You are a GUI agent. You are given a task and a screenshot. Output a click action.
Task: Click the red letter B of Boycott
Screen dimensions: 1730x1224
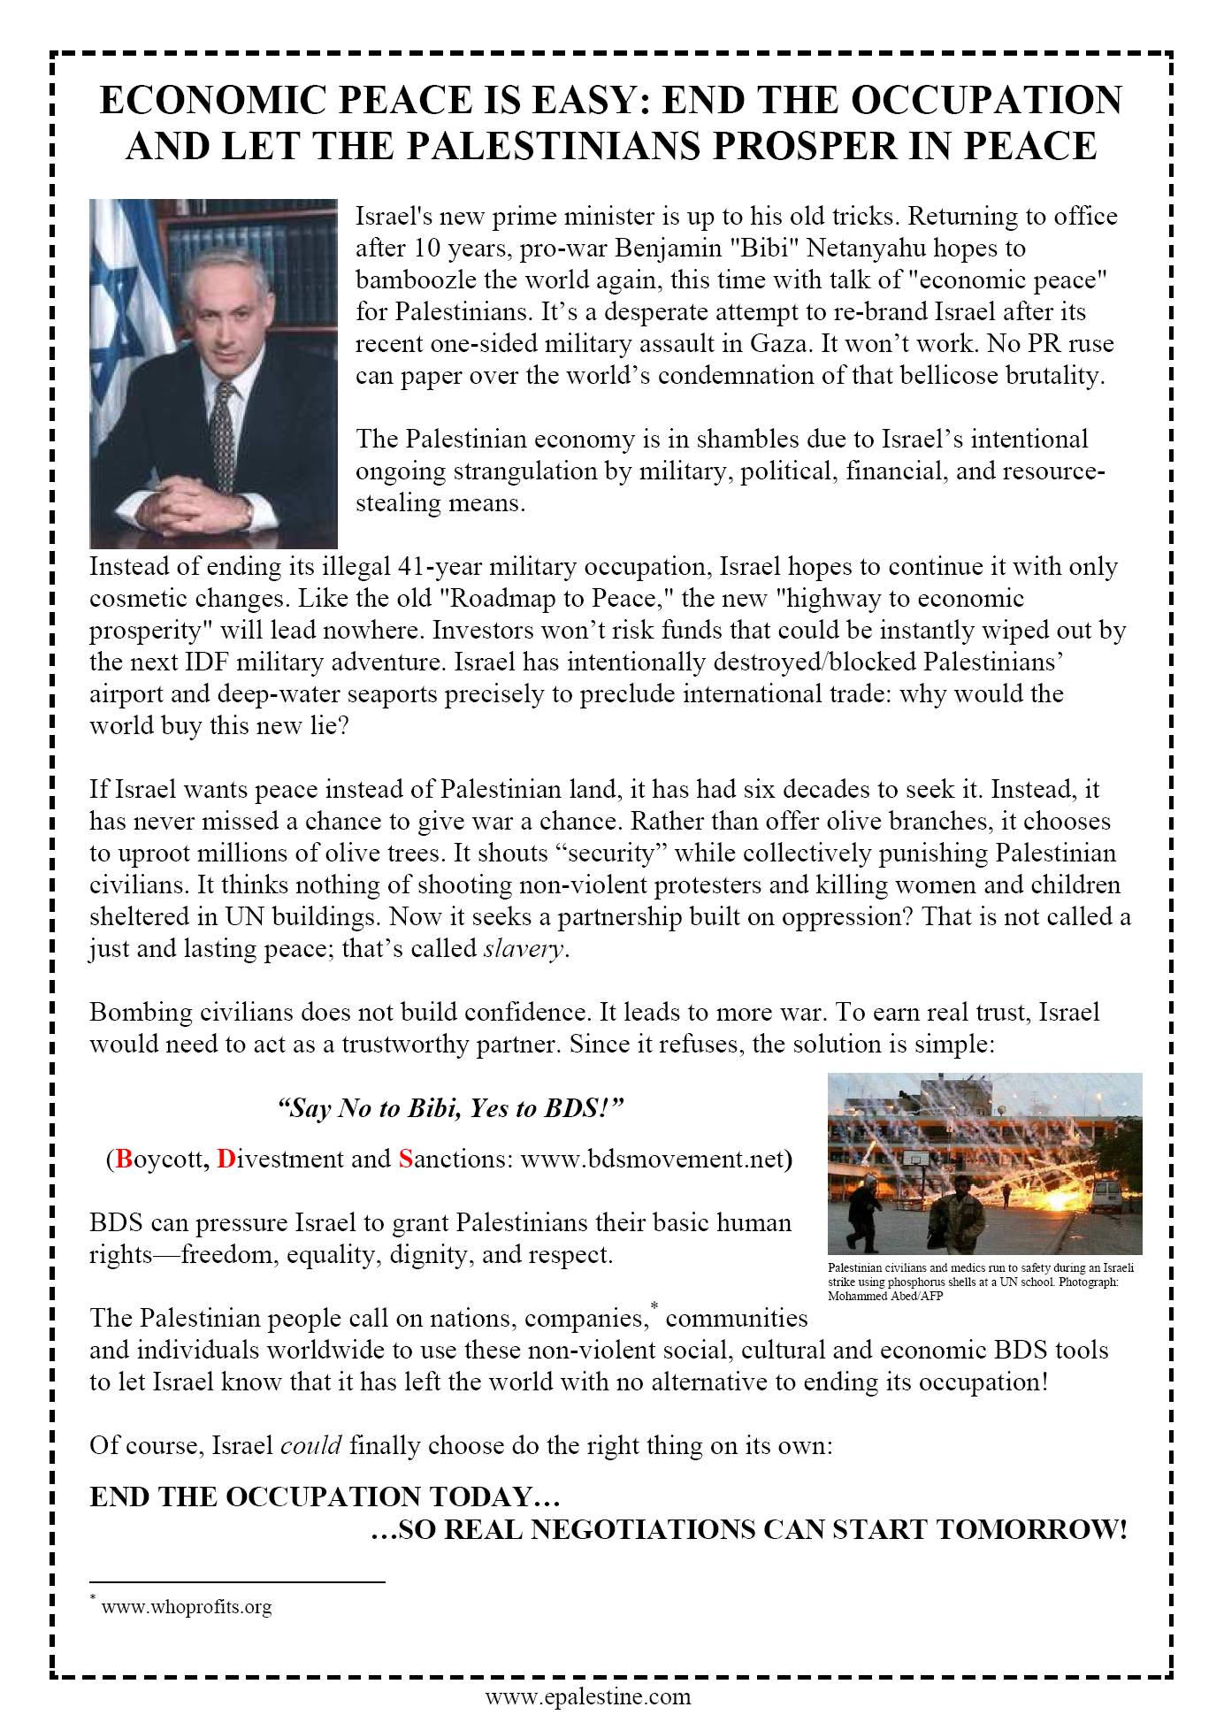click(x=124, y=1159)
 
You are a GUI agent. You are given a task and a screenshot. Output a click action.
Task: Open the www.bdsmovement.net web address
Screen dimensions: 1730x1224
click(x=653, y=1159)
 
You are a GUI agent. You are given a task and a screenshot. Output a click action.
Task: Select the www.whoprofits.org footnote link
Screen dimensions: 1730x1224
click(x=187, y=1607)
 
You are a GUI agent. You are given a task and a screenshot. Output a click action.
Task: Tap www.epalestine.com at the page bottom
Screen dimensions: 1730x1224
click(x=587, y=1696)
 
